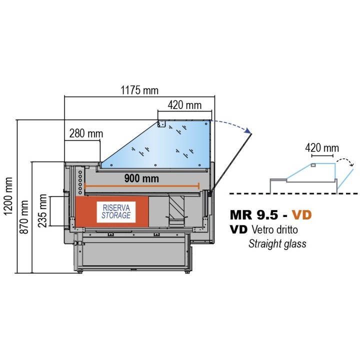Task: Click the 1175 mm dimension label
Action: coord(139,90)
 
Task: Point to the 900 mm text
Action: coord(141,178)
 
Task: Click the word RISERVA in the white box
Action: coord(116,207)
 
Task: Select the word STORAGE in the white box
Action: coord(116,215)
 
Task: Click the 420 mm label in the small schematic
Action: coord(321,148)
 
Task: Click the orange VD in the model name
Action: coord(302,215)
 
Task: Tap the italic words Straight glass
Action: coord(277,244)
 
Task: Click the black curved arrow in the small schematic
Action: coord(345,162)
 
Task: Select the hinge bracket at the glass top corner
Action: coord(161,123)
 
